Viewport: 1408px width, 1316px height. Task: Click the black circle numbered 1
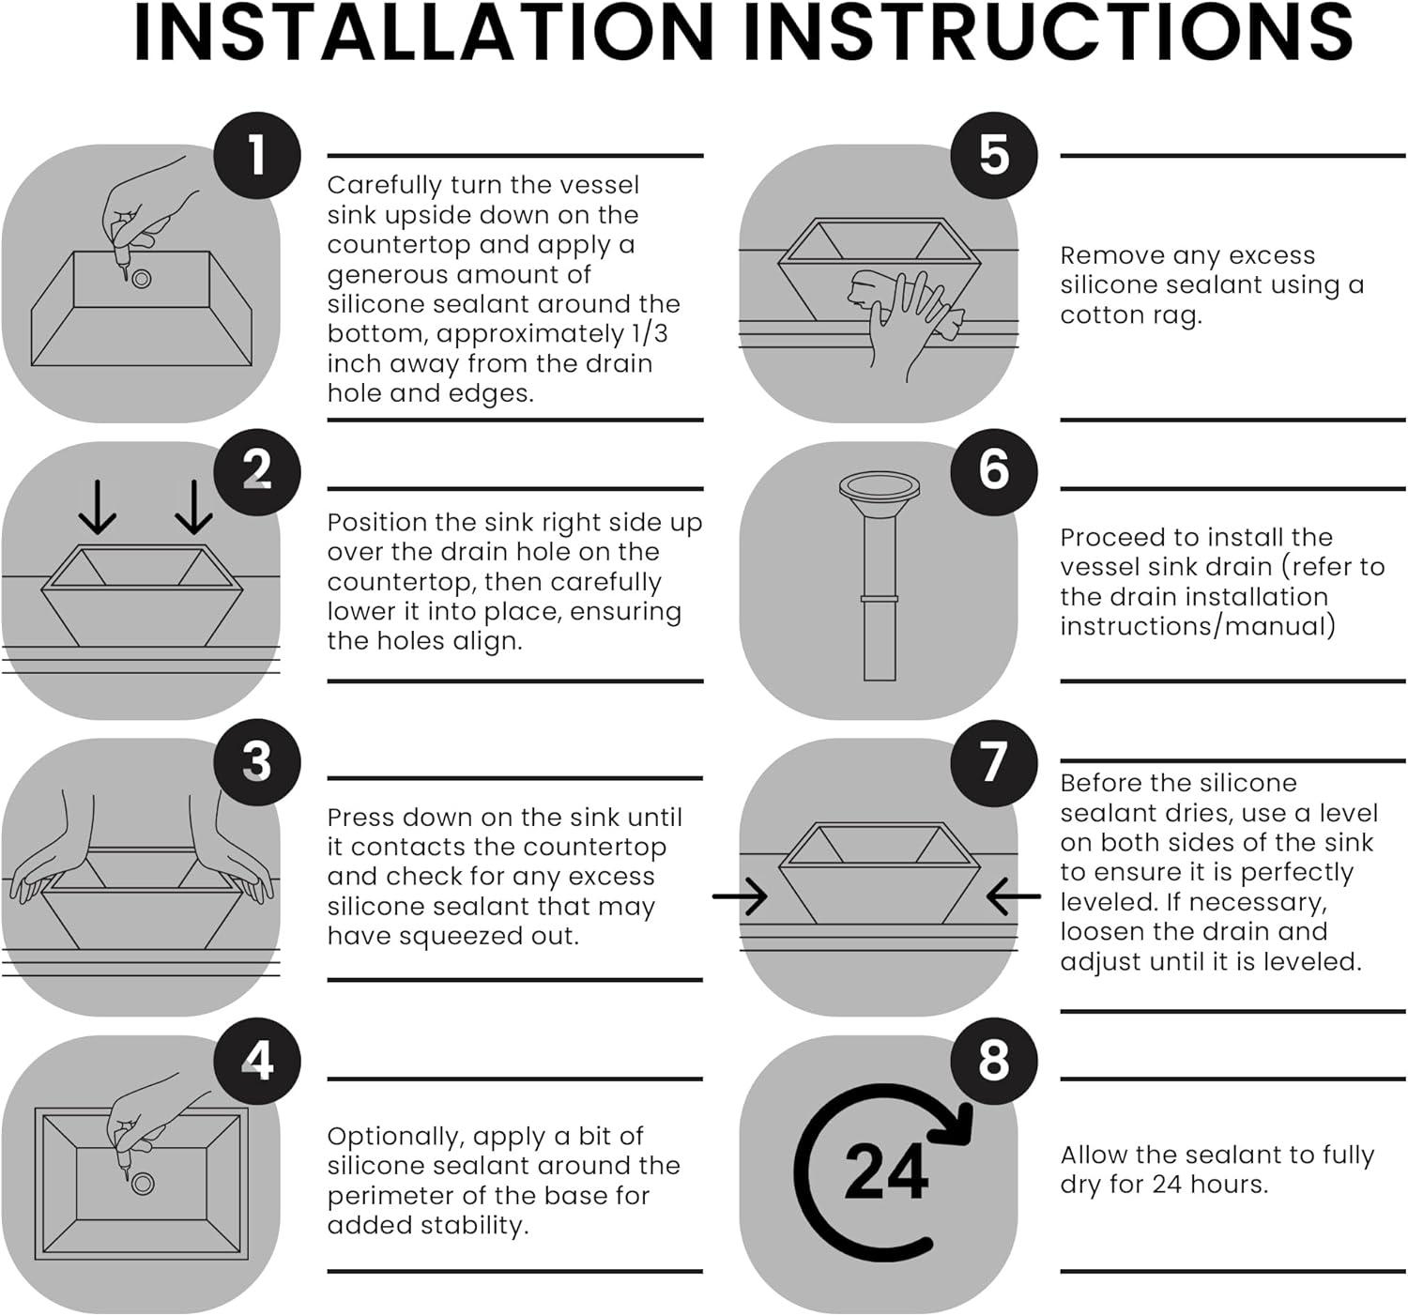pos(257,155)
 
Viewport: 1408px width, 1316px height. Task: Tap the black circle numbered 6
pos(994,471)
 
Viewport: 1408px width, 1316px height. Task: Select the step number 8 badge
pos(994,1062)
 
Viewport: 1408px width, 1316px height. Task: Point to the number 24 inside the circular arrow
pos(886,1173)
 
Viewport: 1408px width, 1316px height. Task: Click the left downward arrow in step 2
pos(97,507)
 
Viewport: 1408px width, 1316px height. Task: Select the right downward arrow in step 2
pos(193,507)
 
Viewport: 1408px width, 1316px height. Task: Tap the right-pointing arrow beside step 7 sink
pos(740,897)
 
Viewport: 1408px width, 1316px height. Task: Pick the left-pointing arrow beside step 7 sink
pos(1014,897)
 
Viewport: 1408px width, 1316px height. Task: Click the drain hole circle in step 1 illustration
pos(141,279)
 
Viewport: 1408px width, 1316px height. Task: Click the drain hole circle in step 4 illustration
pos(143,1184)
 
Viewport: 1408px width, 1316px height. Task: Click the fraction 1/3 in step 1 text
pos(650,333)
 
